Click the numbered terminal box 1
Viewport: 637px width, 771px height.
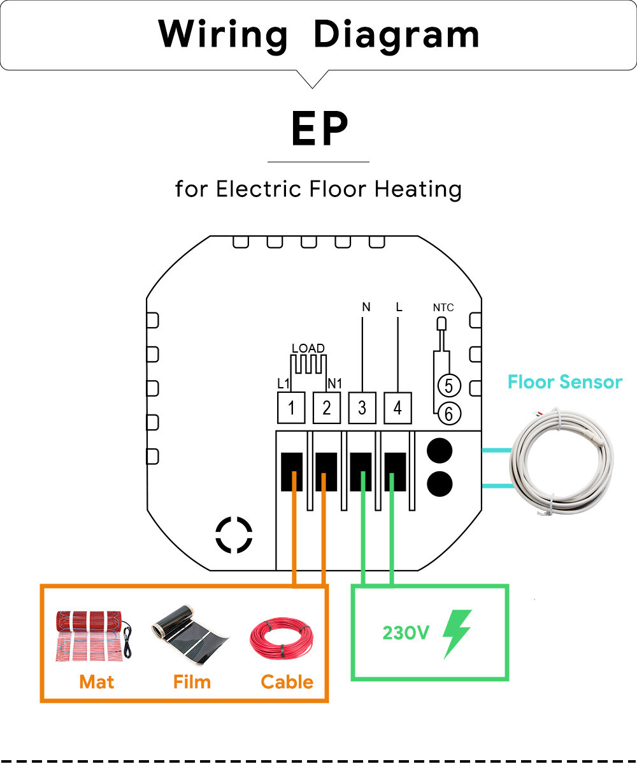tap(291, 408)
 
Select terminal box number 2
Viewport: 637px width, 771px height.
tap(327, 408)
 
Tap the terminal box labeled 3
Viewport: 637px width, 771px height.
tap(362, 408)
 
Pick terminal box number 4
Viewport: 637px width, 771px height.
tap(398, 408)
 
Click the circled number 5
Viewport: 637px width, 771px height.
tap(448, 385)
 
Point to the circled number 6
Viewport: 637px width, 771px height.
tap(448, 414)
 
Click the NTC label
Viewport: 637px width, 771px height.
tap(443, 307)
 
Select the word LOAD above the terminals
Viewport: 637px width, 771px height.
tap(308, 348)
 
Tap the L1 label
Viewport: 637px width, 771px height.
tap(283, 383)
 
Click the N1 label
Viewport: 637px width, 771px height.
tap(334, 383)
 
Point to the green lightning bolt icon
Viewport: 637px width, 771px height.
tap(457, 633)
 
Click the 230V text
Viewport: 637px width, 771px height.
tap(406, 633)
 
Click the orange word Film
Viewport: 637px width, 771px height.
tap(192, 682)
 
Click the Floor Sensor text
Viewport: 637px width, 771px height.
tap(564, 382)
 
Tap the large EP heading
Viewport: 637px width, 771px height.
tap(319, 129)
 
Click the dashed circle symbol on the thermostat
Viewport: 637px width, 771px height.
tap(234, 534)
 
